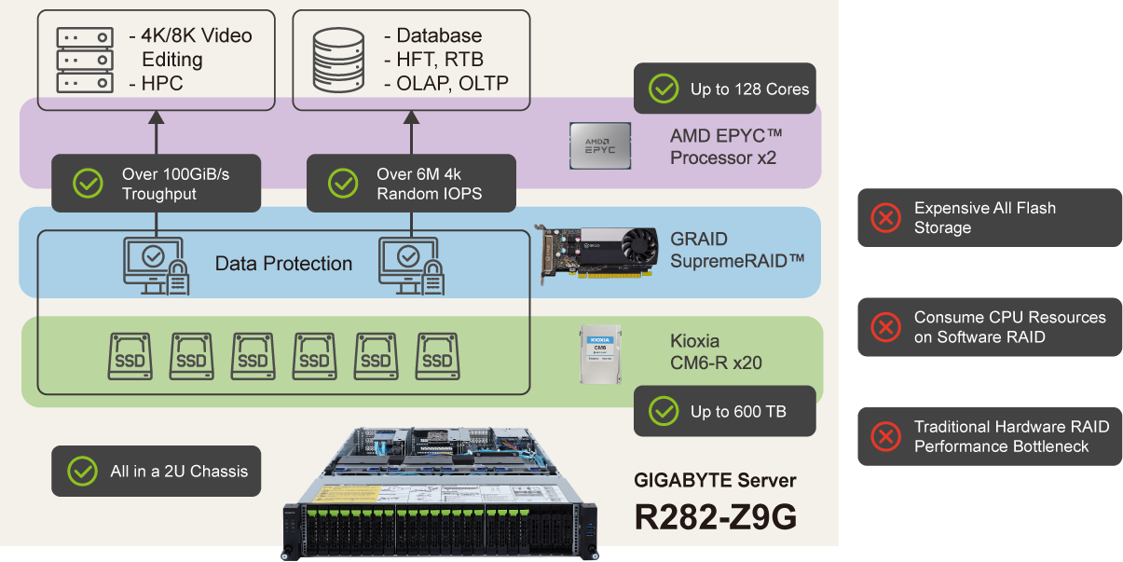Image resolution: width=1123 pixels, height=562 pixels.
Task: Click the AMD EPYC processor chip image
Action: tap(600, 145)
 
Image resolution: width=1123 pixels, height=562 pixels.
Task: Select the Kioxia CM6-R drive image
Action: tap(601, 355)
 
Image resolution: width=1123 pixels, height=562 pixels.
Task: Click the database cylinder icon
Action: tap(338, 60)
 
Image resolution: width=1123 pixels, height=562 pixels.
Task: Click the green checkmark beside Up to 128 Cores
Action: tap(664, 89)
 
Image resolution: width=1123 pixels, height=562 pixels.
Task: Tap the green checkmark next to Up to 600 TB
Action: tap(664, 411)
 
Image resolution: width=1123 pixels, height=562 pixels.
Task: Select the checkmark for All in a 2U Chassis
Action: tap(82, 471)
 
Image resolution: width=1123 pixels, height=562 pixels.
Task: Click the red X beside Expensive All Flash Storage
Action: tap(884, 218)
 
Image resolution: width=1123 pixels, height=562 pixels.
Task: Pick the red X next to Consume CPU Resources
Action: tap(884, 327)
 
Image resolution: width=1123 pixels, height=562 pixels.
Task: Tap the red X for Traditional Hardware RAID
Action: tap(884, 436)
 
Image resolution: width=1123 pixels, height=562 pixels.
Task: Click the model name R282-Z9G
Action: tap(715, 517)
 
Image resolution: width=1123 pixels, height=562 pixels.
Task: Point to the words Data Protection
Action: tap(283, 264)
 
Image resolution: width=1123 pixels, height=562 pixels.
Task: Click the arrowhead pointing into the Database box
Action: tap(410, 118)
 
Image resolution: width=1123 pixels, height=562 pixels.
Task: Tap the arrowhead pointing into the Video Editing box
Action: tap(156, 118)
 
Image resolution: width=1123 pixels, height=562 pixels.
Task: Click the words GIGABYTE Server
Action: tap(715, 481)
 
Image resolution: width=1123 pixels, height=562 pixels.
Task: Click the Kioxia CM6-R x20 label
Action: tap(716, 352)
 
